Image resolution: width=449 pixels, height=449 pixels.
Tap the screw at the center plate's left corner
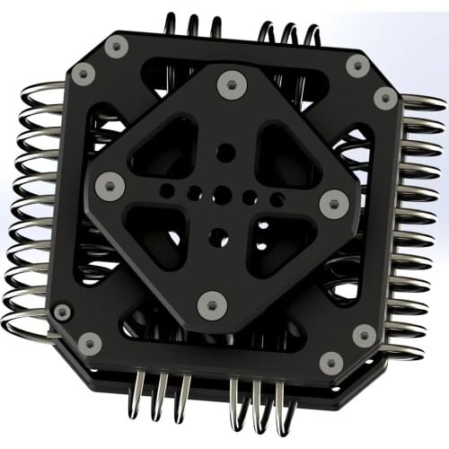(110, 186)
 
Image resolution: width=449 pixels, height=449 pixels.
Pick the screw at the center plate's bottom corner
(211, 303)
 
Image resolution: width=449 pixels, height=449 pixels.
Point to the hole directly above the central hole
(225, 153)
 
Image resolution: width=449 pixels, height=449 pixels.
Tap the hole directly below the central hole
(216, 235)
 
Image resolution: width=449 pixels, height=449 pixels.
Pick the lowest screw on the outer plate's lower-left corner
(91, 342)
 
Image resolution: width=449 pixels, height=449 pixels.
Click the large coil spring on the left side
(36, 207)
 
